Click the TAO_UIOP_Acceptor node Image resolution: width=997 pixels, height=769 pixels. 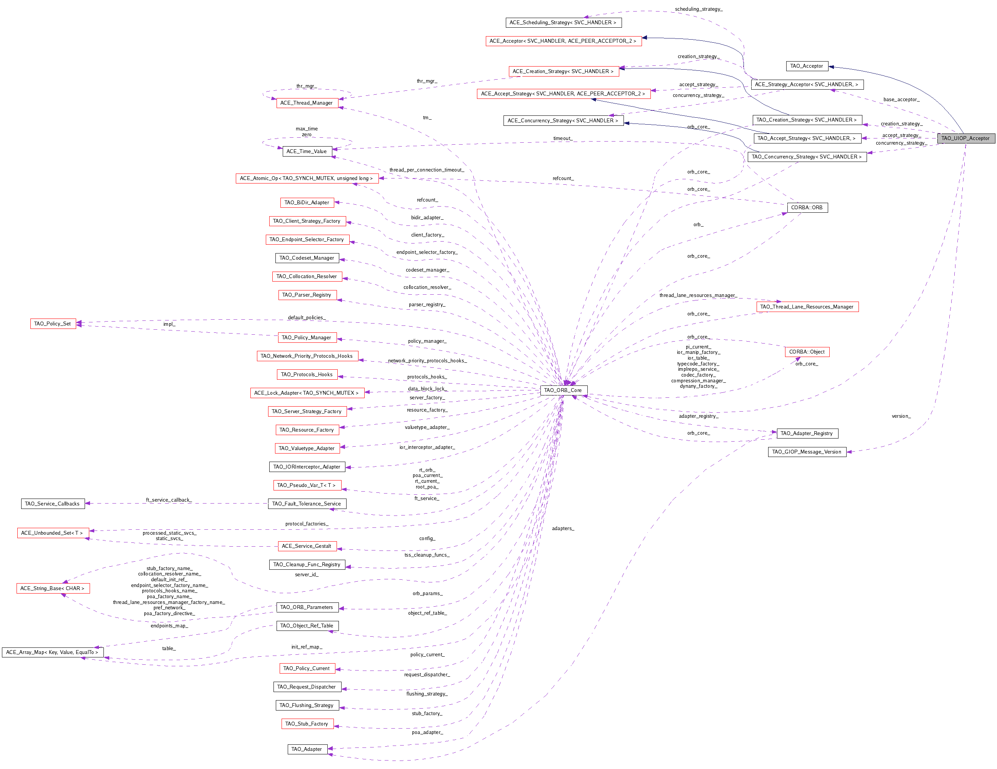click(965, 138)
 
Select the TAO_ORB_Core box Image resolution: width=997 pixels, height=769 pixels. click(564, 390)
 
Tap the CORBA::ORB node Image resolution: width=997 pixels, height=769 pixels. click(807, 208)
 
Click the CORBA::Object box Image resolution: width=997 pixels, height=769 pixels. click(807, 352)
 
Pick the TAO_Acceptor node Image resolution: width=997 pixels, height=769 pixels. click(807, 66)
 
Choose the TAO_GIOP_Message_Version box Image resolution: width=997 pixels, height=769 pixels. click(807, 452)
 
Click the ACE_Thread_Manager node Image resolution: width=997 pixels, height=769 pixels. click(307, 103)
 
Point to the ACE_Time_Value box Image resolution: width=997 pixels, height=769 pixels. click(307, 152)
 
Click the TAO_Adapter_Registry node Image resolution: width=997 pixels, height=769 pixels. click(807, 434)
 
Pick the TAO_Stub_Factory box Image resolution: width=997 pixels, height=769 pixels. click(307, 724)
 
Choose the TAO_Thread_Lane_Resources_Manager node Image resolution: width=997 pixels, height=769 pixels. click(807, 307)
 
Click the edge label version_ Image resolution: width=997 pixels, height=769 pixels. click(901, 416)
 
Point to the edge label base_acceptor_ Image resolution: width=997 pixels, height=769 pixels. click(901, 100)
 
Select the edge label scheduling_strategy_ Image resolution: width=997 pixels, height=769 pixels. click(699, 9)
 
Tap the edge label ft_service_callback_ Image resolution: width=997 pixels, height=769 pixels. click(169, 500)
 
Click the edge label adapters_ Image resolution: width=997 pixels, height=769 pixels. click(563, 528)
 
